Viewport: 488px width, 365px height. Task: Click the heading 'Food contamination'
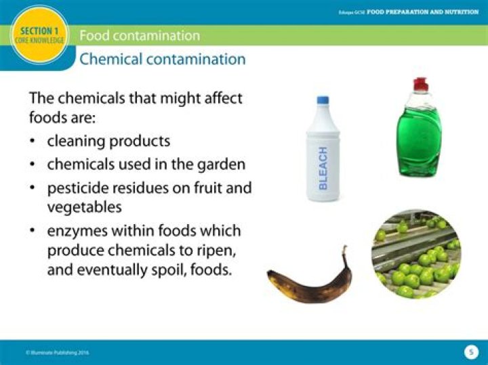[x=140, y=35]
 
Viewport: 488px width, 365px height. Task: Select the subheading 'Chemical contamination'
[x=162, y=59]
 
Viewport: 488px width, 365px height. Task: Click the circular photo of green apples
[x=415, y=254]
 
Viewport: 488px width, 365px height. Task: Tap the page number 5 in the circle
[x=470, y=352]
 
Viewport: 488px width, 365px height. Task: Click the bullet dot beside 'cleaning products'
[x=33, y=142]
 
